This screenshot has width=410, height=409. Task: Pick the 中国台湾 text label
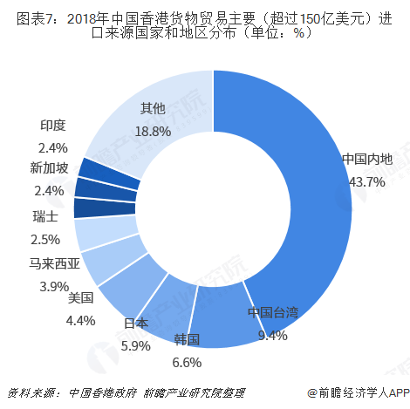pyautogui.click(x=272, y=312)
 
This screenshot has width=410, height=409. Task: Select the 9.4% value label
pyautogui.click(x=272, y=334)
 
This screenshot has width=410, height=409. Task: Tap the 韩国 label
pyautogui.click(x=187, y=339)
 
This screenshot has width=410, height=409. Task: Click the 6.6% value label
pyautogui.click(x=187, y=361)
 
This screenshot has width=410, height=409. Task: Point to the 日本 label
pyautogui.click(x=135, y=323)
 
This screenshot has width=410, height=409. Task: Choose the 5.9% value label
pyautogui.click(x=135, y=344)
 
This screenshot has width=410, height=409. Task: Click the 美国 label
pyautogui.click(x=80, y=297)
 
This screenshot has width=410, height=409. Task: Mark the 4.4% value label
pyautogui.click(x=80, y=320)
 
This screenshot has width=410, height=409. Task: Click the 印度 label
pyautogui.click(x=53, y=126)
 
